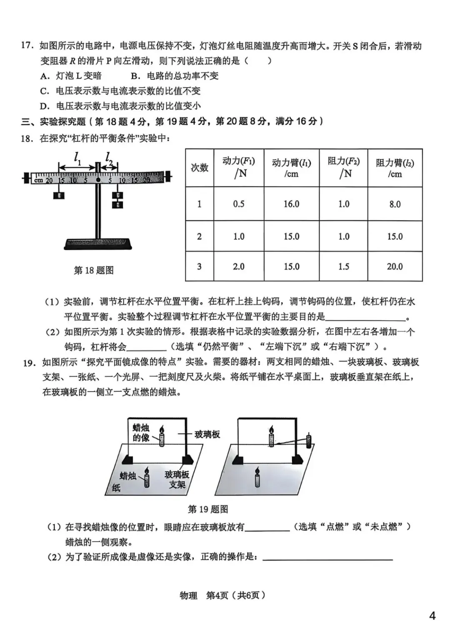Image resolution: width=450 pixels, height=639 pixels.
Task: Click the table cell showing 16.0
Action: point(291,204)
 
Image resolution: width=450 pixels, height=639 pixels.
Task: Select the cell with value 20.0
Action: point(395,267)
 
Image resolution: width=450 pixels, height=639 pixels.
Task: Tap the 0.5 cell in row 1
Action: point(239,204)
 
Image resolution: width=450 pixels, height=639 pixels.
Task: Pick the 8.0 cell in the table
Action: point(395,204)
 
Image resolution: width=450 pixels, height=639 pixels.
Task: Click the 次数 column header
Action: point(199,168)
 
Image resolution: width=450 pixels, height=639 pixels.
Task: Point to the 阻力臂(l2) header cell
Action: point(395,168)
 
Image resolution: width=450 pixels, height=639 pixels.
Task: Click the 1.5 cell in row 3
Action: point(343,267)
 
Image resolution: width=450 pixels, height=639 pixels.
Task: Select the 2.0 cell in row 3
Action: point(239,267)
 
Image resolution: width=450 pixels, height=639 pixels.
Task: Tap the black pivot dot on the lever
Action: point(98,180)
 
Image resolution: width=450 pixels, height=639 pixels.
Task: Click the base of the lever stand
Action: point(98,244)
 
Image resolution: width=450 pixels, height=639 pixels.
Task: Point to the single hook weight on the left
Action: point(59,195)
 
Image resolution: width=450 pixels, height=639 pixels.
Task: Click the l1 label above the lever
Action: point(78,158)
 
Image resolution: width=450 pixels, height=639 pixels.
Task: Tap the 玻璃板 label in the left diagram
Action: point(207,435)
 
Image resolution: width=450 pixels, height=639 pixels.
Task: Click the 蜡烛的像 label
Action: point(141,433)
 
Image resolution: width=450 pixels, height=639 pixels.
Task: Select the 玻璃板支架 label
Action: point(177,479)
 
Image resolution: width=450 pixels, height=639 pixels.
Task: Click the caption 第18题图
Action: point(94,270)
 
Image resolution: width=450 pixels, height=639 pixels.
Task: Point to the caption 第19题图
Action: point(208,509)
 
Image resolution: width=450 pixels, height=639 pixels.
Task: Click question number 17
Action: point(27,46)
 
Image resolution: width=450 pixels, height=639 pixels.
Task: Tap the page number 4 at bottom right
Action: point(432,616)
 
